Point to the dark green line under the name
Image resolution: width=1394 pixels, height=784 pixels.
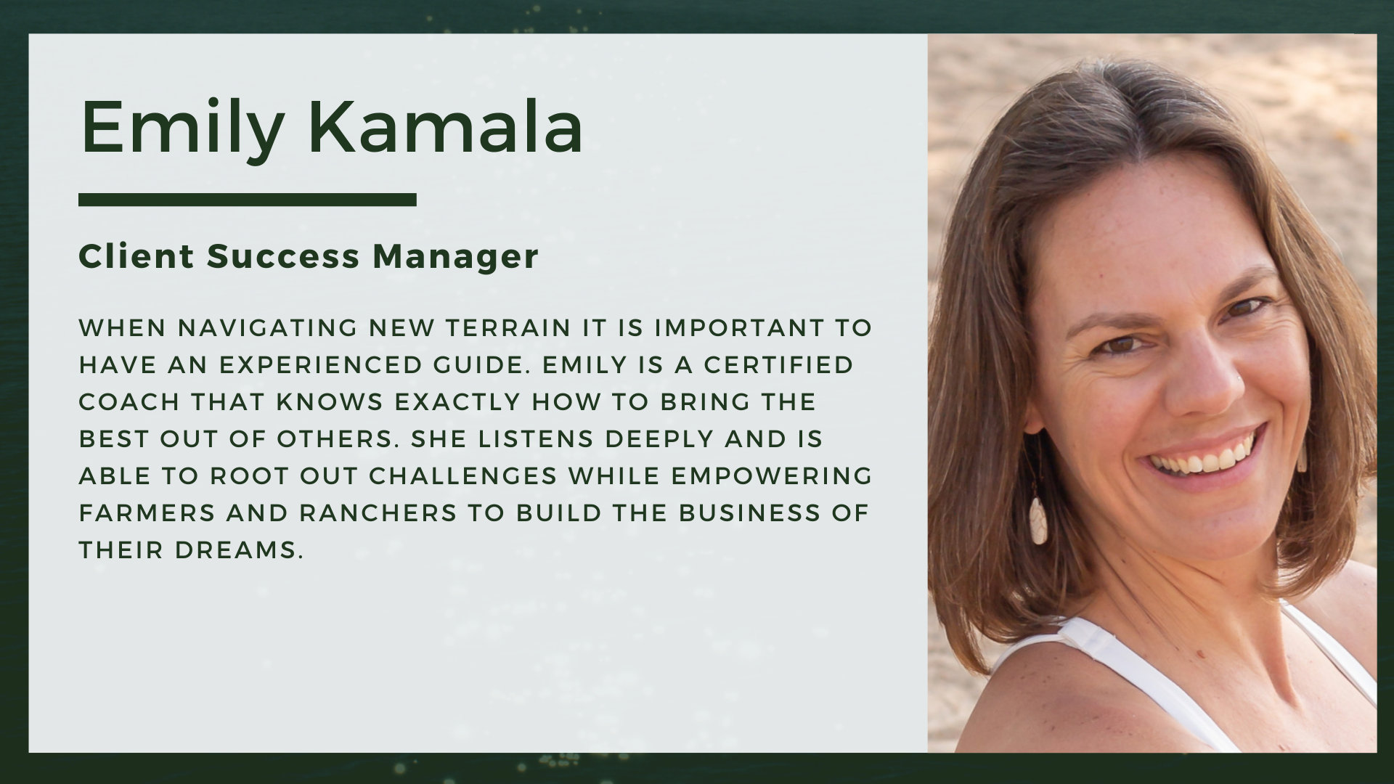point(248,200)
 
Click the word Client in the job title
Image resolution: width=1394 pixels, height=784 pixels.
point(136,256)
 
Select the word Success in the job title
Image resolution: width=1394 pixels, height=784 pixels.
point(284,256)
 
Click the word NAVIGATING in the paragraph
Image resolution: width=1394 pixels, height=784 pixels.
point(268,328)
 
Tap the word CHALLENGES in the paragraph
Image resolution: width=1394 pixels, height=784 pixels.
point(463,476)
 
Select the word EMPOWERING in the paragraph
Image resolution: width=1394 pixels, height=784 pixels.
point(772,476)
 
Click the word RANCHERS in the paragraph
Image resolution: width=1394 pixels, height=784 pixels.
point(378,513)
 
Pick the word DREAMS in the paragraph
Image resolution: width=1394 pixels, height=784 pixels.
point(239,550)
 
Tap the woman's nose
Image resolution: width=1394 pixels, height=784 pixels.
point(1192,377)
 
